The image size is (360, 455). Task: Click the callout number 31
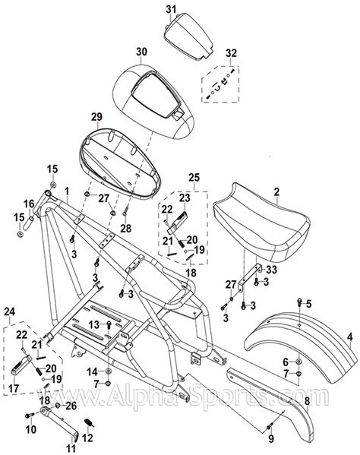(171, 8)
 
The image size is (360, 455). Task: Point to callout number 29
(96, 116)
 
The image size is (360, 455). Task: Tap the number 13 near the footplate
(92, 324)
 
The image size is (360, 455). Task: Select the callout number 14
(92, 371)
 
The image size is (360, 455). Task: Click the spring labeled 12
(87, 422)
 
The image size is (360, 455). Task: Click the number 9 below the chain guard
(271, 438)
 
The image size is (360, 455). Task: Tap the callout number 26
(71, 406)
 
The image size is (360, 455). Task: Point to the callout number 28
(126, 228)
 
